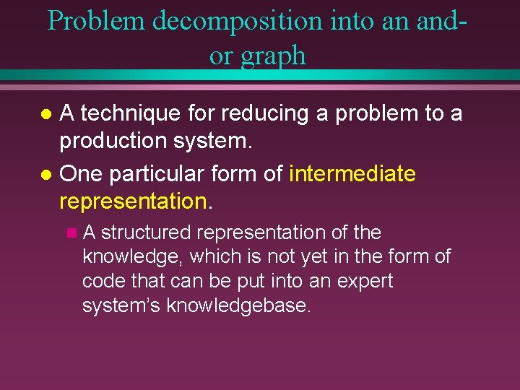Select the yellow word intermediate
(x=352, y=174)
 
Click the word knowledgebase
(x=238, y=305)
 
